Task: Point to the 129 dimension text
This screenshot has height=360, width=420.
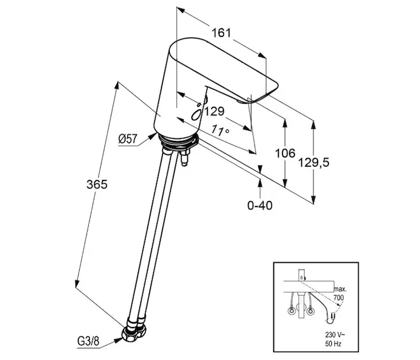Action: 214,111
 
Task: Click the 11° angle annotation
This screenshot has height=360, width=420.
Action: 221,130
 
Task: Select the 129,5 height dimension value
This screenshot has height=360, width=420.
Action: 316,163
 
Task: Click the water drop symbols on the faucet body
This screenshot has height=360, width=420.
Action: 195,113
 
